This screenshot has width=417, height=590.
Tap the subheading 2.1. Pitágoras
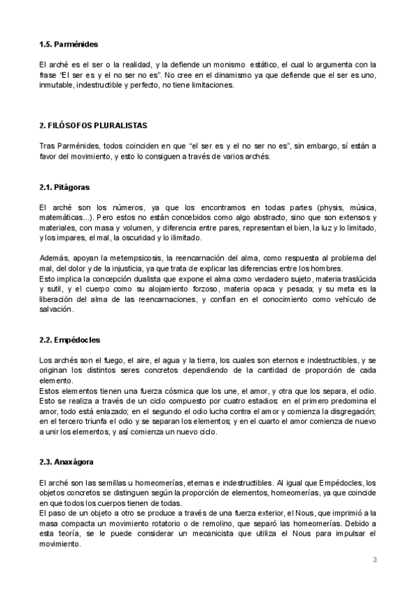coord(65,187)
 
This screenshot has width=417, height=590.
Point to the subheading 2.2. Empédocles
coord(70,340)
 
